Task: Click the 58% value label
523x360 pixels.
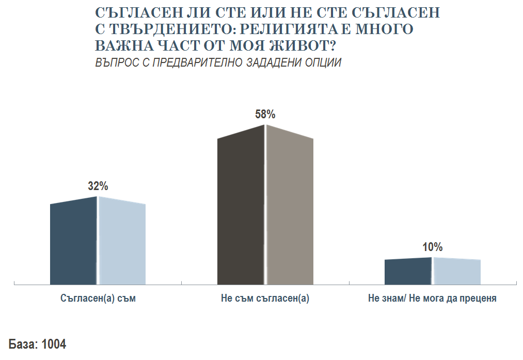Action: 265,114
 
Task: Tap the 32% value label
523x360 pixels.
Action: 98,186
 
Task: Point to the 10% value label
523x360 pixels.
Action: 433,247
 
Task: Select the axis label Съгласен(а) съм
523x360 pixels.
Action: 98,299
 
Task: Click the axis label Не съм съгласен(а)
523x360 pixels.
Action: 265,299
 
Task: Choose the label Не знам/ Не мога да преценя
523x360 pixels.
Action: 432,299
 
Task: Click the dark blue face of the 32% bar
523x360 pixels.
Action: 73,243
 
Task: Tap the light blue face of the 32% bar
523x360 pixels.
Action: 122,243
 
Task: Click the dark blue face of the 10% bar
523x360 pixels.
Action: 408,271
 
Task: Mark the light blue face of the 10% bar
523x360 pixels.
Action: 456,271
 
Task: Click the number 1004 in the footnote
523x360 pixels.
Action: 54,345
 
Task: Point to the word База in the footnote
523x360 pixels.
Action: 22,345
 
